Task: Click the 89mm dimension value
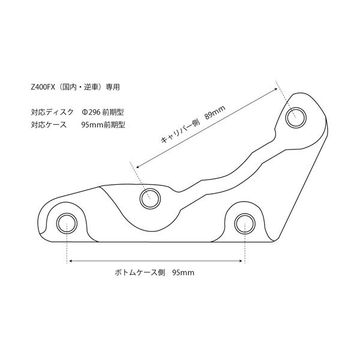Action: pyautogui.click(x=215, y=112)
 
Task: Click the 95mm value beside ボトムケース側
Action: pyautogui.click(x=183, y=272)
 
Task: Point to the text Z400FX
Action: pyautogui.click(x=43, y=87)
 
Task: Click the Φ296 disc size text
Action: pyautogui.click(x=91, y=112)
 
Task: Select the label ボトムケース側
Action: pyautogui.click(x=140, y=272)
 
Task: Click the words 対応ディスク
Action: pyautogui.click(x=52, y=112)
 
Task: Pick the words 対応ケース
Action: pyautogui.click(x=49, y=125)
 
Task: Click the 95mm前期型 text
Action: pyautogui.click(x=103, y=125)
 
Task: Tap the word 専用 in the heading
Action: pyautogui.click(x=113, y=87)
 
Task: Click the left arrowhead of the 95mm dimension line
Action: pyautogui.click(x=71, y=261)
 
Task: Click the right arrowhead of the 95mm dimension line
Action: pyautogui.click(x=241, y=261)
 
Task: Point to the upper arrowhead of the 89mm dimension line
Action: pyautogui.click(x=276, y=89)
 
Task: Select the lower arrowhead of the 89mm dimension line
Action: pyautogui.click(x=138, y=166)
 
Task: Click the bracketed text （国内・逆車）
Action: pyautogui.click(x=80, y=87)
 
